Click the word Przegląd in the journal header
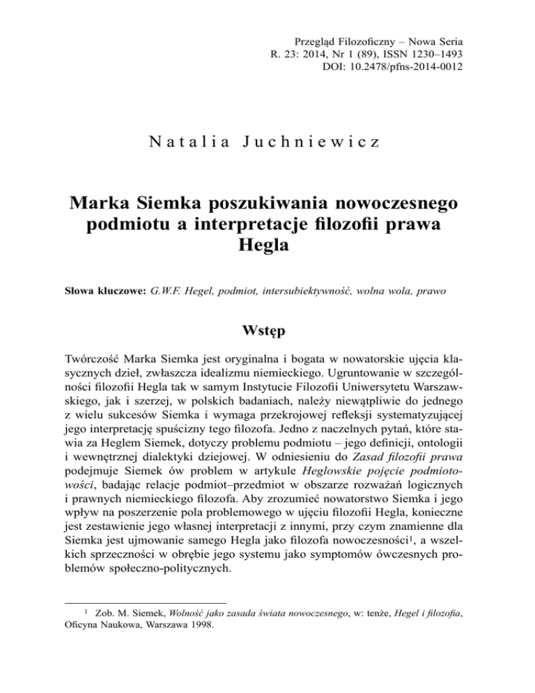coord(316,33)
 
